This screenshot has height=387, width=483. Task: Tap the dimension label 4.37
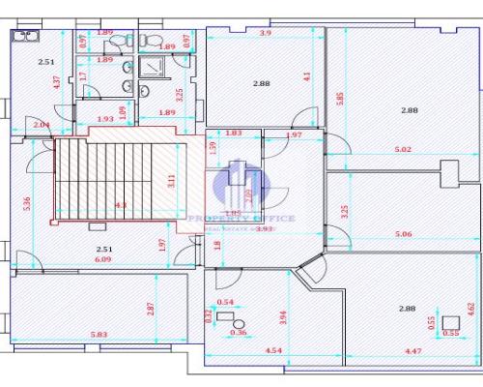pos(58,82)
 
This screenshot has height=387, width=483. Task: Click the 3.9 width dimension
pos(266,33)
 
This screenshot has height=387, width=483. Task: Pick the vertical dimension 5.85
pos(340,99)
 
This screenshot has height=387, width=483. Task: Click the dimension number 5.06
pos(404,233)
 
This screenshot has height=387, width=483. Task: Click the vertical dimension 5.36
pos(29,203)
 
